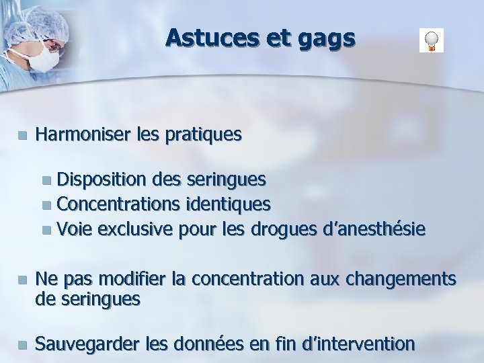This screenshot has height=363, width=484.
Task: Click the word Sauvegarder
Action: click(x=88, y=344)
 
